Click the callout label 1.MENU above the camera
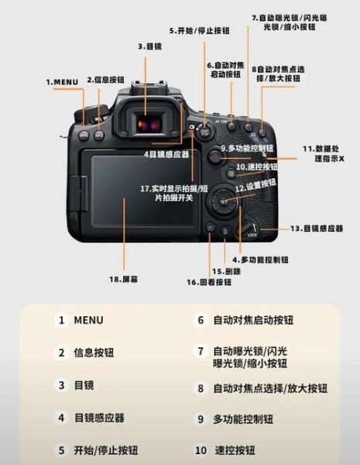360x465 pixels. (x=61, y=81)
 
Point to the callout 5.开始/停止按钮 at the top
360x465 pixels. (x=199, y=30)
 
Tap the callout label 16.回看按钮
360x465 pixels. (x=209, y=283)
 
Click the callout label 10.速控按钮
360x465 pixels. (x=256, y=167)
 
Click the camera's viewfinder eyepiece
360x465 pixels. (x=147, y=122)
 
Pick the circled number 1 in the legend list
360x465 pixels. (x=61, y=320)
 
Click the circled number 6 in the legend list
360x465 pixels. (x=200, y=320)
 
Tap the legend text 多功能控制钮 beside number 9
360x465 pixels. (x=243, y=418)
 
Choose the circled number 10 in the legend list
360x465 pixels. (x=201, y=449)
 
